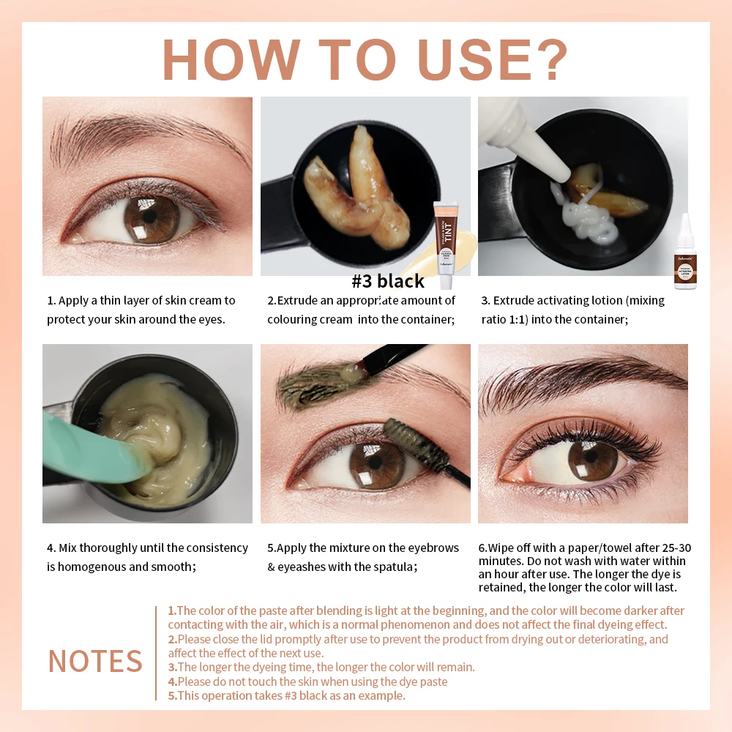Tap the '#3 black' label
388,281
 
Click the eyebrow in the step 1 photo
154,135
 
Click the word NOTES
95,661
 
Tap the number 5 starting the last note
171,695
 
